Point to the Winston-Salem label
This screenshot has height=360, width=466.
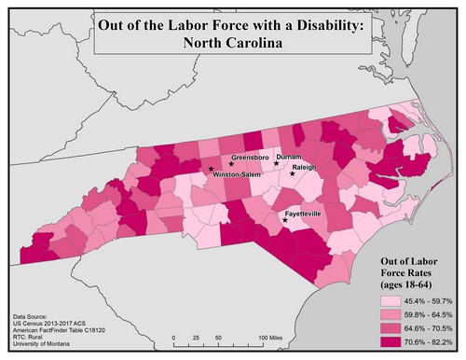238,174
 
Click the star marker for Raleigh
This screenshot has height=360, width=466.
292,174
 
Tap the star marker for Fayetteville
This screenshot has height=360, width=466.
285,221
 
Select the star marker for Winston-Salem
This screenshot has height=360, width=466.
211,170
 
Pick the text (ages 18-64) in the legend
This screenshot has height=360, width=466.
413,284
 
